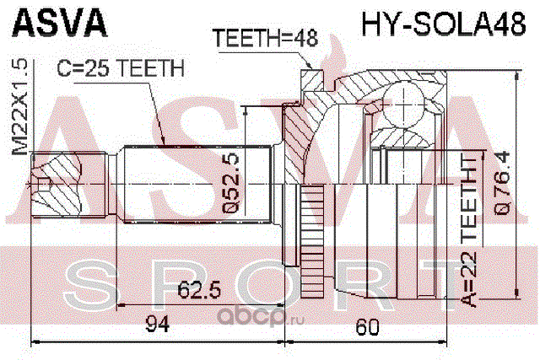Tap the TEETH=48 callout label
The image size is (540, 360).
[x=265, y=37]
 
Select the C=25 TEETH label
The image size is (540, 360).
[x=121, y=68]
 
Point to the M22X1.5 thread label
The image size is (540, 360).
[x=20, y=107]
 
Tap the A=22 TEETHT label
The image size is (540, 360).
[x=469, y=232]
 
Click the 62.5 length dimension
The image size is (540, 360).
[x=199, y=291]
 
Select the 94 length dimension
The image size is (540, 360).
[x=158, y=325]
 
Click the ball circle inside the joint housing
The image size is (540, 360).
[x=403, y=105]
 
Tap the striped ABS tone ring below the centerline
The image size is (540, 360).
[x=312, y=241]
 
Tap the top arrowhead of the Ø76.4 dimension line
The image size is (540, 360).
[x=516, y=77]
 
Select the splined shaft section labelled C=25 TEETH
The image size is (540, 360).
[x=197, y=185]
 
